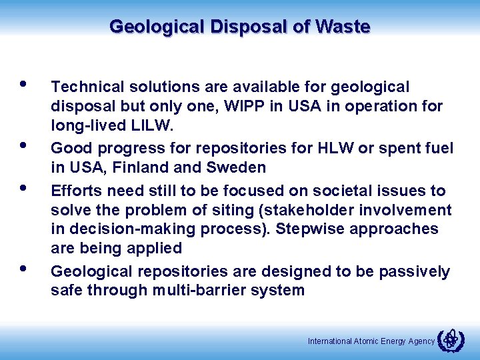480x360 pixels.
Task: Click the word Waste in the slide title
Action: [344, 27]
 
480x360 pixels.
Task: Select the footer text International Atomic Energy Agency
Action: [371, 341]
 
